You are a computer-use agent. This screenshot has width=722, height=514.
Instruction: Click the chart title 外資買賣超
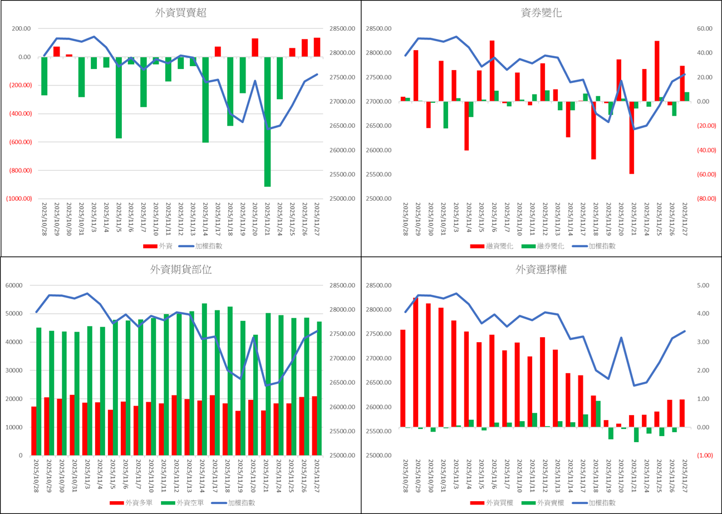point(181,13)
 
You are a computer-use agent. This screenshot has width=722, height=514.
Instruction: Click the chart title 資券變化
point(541,13)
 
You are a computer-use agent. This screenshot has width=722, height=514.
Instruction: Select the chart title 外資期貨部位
point(181,270)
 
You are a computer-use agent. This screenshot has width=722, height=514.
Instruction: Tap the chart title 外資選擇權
point(541,270)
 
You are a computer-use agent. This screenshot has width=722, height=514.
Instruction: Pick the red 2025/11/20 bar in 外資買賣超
point(255,48)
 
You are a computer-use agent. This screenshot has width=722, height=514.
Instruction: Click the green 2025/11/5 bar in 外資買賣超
point(119,97)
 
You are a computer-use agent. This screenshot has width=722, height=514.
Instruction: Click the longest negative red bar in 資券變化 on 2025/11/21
point(632,138)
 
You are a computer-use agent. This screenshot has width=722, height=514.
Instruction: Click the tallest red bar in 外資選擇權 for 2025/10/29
point(416,362)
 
